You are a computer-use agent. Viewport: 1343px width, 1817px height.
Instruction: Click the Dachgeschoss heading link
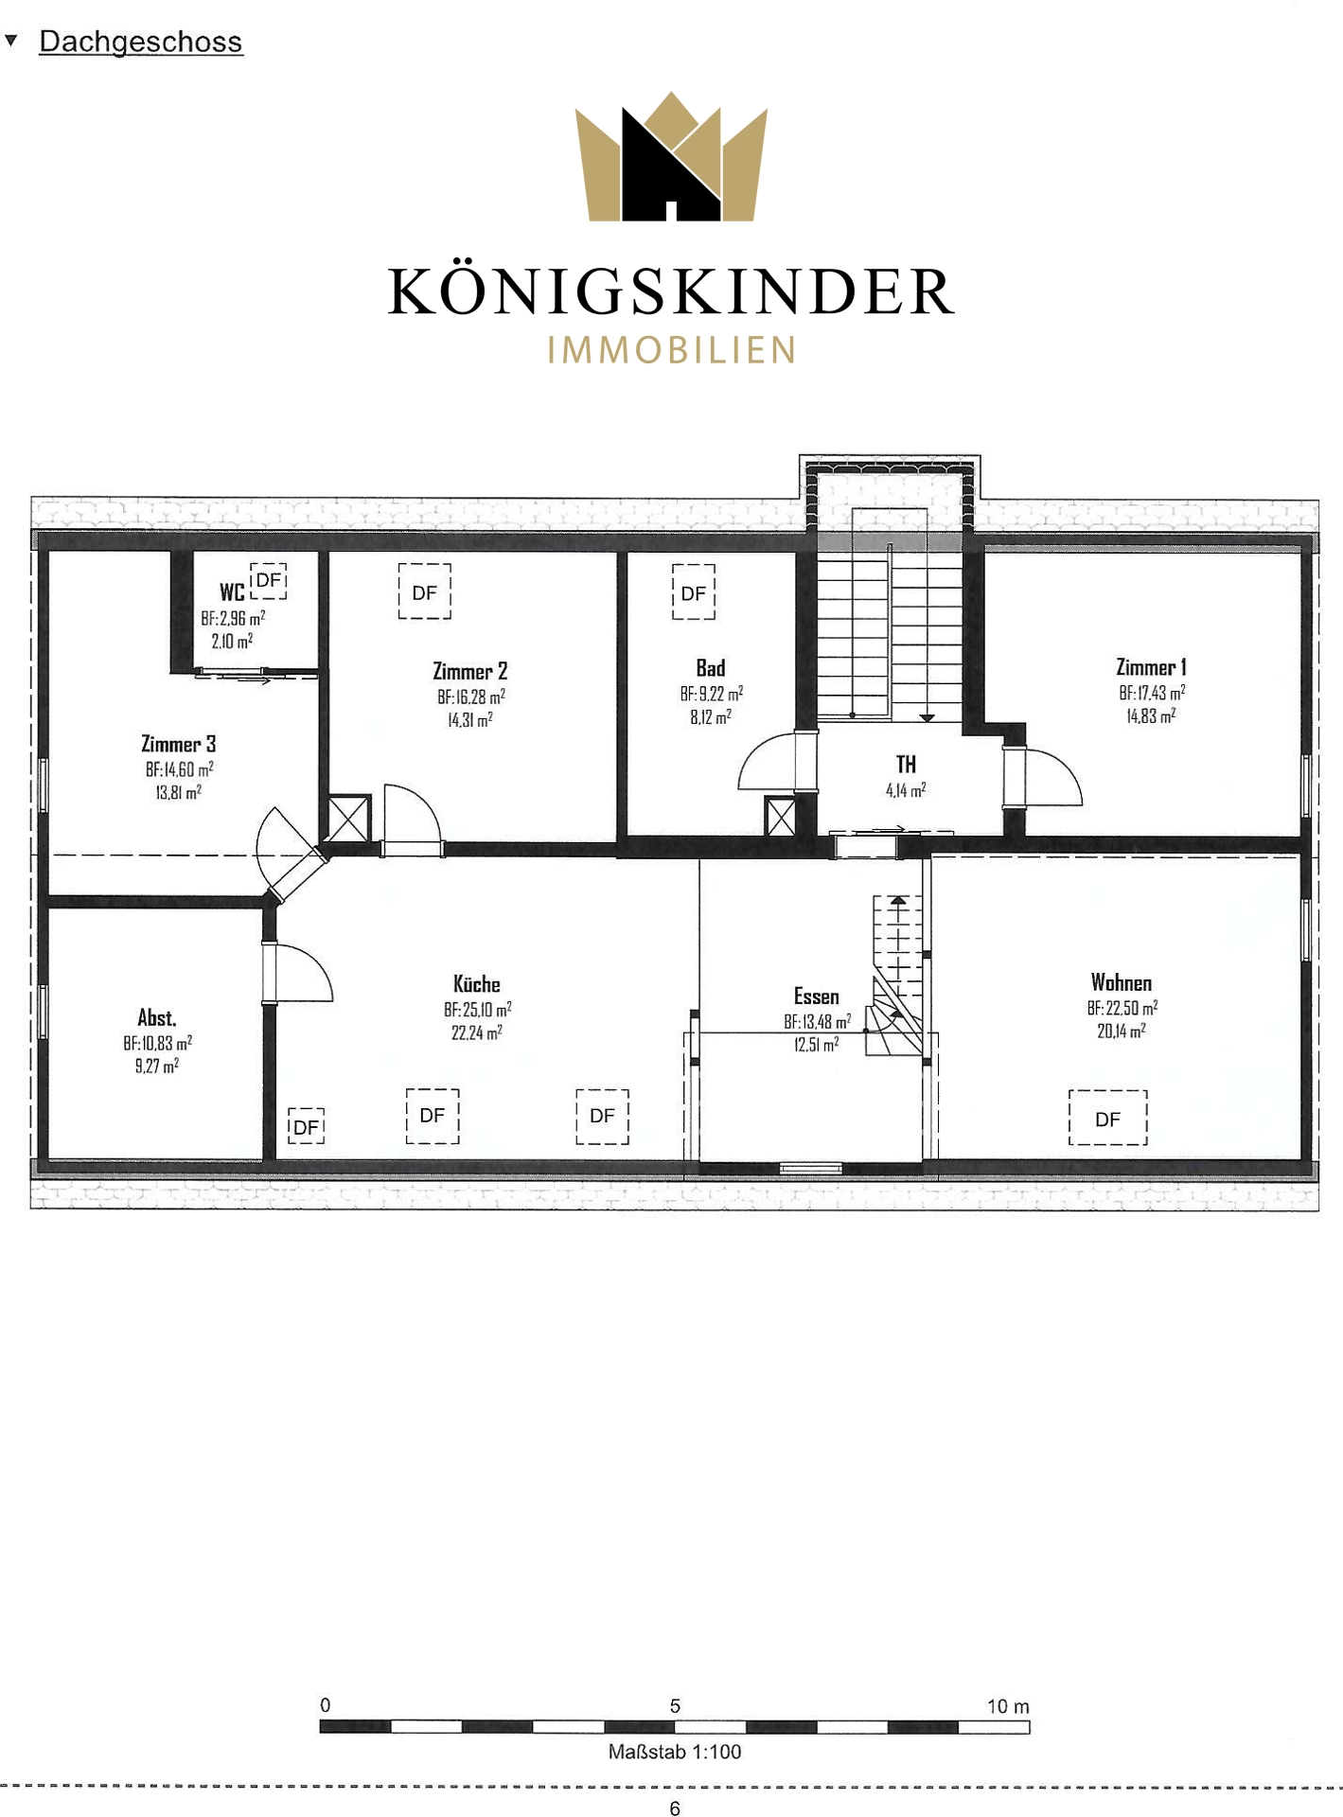click(141, 42)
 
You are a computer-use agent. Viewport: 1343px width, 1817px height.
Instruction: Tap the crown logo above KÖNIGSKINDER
click(671, 156)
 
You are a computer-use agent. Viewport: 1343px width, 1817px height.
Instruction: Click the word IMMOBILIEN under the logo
click(672, 350)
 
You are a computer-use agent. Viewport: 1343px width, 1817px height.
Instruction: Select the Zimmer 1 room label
click(1151, 667)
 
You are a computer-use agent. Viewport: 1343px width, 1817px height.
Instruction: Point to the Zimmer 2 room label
click(470, 671)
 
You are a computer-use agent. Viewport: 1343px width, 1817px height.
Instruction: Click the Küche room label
click(477, 984)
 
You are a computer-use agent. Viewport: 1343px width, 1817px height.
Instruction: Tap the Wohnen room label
click(1122, 982)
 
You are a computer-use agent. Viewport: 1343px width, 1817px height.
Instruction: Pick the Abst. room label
click(157, 1017)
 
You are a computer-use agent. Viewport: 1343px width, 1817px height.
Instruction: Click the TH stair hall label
click(906, 764)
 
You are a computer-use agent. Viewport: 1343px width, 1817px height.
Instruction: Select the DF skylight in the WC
click(269, 581)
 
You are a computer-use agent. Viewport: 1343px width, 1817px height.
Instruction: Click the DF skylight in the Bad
click(694, 592)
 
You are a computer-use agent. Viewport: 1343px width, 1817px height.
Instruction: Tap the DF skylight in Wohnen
click(1107, 1119)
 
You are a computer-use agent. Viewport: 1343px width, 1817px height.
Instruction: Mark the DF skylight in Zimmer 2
click(425, 591)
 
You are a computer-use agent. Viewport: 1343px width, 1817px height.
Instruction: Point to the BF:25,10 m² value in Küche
click(478, 1010)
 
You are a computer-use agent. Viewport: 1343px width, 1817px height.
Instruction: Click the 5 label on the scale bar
click(675, 1705)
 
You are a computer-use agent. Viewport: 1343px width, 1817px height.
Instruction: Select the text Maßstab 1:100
click(675, 1752)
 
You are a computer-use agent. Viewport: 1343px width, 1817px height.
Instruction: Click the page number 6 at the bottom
click(675, 1808)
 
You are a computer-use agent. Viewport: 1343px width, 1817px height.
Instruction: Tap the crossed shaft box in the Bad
click(781, 816)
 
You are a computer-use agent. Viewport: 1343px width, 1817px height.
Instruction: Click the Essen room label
click(817, 996)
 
